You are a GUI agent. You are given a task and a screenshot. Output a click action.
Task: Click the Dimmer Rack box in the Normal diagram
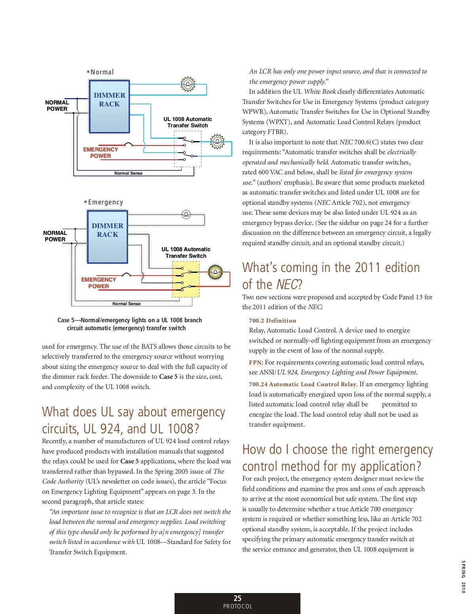(x=109, y=106)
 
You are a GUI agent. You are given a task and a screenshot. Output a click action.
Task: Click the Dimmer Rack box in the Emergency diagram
(x=107, y=236)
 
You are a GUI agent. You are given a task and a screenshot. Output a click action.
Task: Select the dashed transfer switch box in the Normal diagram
(x=188, y=149)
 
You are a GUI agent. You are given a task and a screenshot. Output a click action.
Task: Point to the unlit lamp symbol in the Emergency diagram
(x=186, y=214)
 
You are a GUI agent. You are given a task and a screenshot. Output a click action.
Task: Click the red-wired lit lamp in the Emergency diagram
(x=215, y=272)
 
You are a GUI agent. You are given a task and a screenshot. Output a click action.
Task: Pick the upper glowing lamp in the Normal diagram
(x=188, y=84)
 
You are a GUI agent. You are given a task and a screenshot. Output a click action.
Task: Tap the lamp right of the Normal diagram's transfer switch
(x=217, y=141)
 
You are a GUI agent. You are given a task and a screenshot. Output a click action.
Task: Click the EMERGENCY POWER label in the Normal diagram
(x=101, y=153)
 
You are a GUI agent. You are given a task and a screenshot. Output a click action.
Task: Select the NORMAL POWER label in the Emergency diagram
(x=55, y=236)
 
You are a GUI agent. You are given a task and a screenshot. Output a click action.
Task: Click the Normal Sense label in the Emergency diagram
(x=126, y=304)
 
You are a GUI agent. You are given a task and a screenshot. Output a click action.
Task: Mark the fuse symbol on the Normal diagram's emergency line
(x=128, y=144)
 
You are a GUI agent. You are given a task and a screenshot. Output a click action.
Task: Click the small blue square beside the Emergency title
(x=85, y=202)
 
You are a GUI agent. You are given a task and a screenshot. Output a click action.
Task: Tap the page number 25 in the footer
(x=237, y=598)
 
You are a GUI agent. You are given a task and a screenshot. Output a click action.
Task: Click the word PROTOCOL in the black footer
(x=237, y=606)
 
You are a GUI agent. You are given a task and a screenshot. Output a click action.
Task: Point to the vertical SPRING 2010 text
(x=463, y=576)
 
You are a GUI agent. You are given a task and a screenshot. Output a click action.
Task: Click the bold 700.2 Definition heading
(x=272, y=321)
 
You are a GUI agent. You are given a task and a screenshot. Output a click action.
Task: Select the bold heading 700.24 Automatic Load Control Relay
(x=303, y=384)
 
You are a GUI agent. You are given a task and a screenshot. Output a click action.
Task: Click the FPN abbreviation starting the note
(x=255, y=363)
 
